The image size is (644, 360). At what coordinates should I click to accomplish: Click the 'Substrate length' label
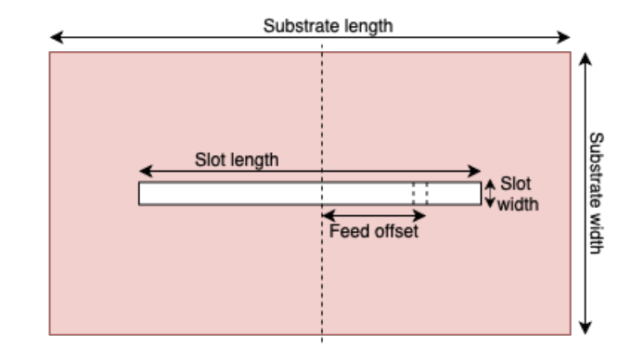pyautogui.click(x=328, y=25)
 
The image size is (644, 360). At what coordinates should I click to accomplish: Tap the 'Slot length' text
pyautogui.click(x=236, y=159)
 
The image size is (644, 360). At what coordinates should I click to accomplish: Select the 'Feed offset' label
pyautogui.click(x=374, y=231)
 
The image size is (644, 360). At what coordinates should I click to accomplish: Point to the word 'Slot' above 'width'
pyautogui.click(x=515, y=184)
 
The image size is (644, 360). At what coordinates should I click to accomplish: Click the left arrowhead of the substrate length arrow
pyautogui.click(x=55, y=38)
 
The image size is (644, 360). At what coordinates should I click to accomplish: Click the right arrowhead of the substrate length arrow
pyautogui.click(x=565, y=38)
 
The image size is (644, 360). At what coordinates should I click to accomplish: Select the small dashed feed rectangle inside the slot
pyautogui.click(x=420, y=193)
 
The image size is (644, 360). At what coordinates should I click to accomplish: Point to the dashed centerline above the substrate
pyautogui.click(x=322, y=45)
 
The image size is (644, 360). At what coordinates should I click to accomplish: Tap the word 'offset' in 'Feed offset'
pyautogui.click(x=397, y=231)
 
